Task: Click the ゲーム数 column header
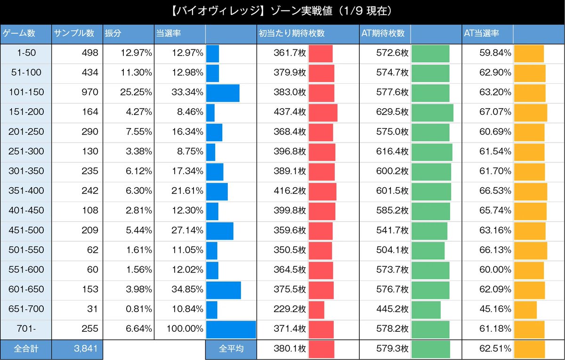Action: tap(20, 34)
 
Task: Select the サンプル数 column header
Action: tap(74, 34)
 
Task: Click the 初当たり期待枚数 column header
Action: tap(291, 34)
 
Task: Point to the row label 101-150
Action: tap(26, 93)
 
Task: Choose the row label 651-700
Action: tap(26, 309)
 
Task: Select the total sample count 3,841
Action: tap(85, 349)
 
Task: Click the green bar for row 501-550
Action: tap(428, 250)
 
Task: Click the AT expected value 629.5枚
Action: tap(392, 112)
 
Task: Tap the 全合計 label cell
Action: tap(25, 349)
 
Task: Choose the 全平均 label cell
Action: tap(231, 349)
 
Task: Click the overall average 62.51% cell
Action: tap(494, 349)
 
